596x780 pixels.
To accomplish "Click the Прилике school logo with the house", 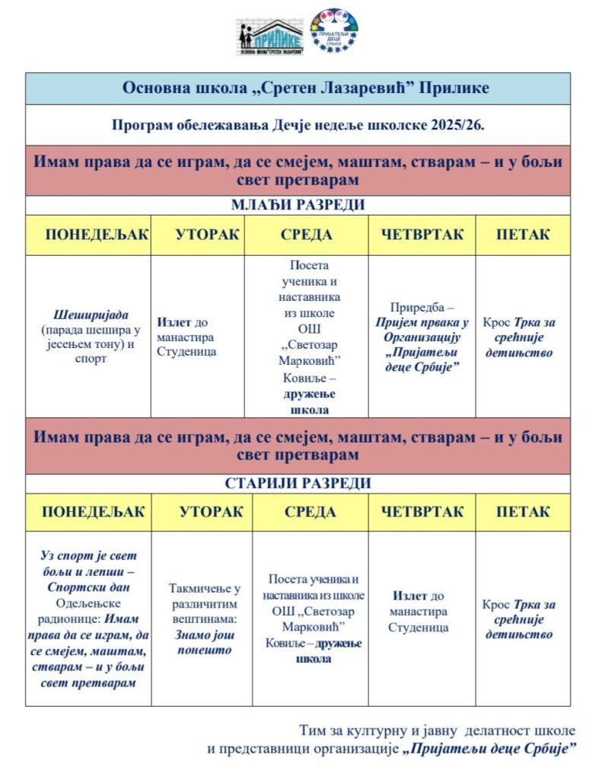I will [269, 35].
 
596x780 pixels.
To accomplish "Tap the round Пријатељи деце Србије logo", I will [333, 30].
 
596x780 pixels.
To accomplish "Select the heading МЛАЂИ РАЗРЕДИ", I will [298, 205].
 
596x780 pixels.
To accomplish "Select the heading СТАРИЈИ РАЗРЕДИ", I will [298, 483].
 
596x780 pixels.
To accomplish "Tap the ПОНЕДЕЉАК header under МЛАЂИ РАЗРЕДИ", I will [88, 234].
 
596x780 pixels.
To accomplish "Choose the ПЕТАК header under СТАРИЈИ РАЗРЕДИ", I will [523, 511].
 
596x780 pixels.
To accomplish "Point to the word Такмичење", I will [204, 588].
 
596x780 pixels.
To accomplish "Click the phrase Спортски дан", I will [88, 587].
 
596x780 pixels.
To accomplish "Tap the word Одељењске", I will [88, 603].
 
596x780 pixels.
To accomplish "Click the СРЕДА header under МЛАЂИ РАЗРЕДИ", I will [306, 234].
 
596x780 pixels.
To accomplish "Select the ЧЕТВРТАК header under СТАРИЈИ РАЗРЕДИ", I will [422, 511].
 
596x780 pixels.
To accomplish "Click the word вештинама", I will [203, 619].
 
